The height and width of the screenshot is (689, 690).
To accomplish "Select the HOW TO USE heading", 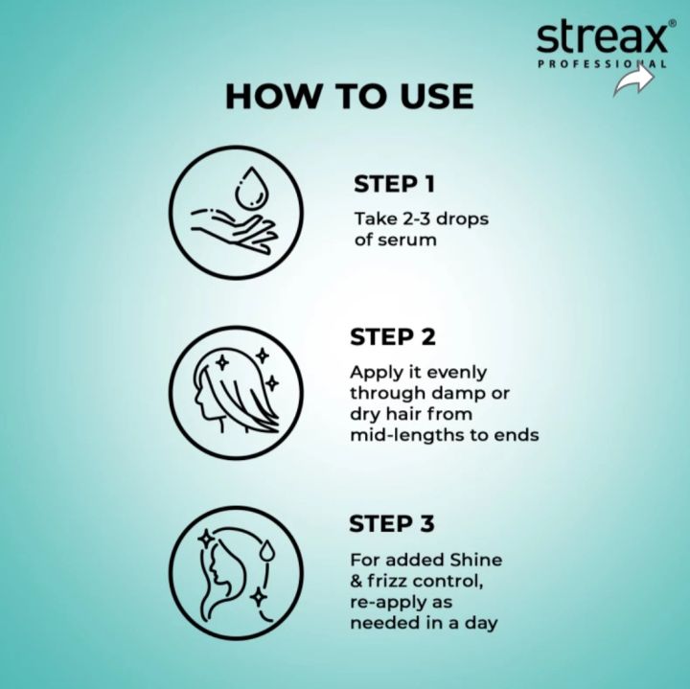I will click(349, 96).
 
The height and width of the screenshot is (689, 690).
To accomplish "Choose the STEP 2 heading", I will click(393, 337).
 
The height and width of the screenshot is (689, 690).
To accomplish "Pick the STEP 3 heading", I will click(393, 523).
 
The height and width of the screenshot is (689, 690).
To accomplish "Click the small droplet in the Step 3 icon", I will click(267, 549).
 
